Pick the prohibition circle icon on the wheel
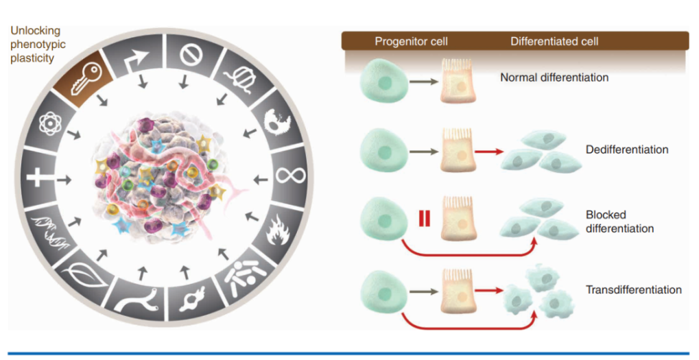190,54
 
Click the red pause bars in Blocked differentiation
424,220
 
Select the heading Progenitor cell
411,42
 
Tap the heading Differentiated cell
554,42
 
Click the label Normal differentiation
554,77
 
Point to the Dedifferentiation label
626,149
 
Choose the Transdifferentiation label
633,289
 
